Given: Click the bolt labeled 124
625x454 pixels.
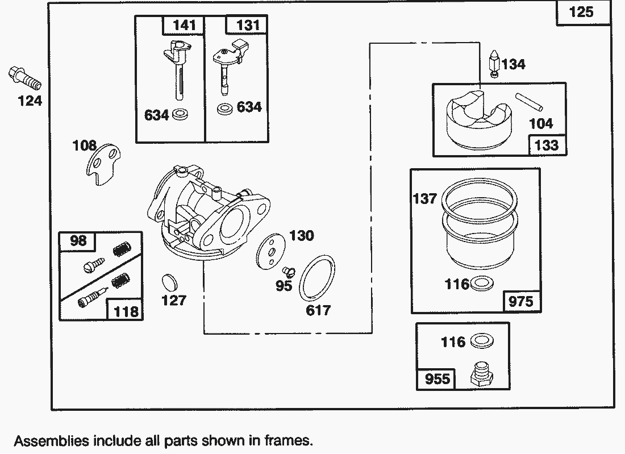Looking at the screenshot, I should tap(24, 78).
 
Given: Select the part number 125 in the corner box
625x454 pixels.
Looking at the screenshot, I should tap(581, 12).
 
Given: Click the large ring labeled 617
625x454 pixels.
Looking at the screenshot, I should tap(316, 278).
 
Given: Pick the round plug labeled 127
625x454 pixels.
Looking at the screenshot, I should tap(170, 282).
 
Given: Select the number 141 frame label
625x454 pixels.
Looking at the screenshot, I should tap(184, 25).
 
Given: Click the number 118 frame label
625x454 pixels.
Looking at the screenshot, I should tap(126, 311).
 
